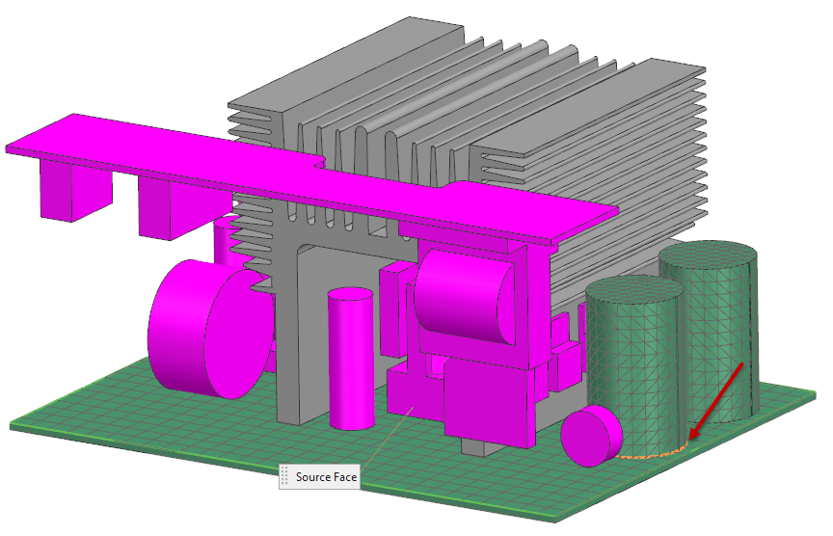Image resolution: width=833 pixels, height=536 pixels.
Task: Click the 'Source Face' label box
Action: [319, 476]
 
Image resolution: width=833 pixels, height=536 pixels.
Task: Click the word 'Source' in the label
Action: [313, 476]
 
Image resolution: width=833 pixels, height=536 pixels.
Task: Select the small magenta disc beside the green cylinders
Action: [591, 436]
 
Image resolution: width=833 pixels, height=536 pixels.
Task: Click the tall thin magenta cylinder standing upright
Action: [351, 359]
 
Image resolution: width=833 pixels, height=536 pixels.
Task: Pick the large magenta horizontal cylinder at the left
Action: [211, 330]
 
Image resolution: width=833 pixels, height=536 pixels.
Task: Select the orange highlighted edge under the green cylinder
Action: [652, 453]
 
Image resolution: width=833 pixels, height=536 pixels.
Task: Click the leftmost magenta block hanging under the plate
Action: [74, 190]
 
